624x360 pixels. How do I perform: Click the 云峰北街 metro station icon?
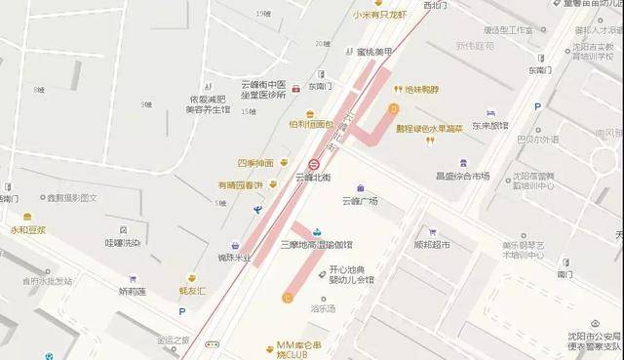(315, 165)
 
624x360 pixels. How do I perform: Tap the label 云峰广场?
(360, 201)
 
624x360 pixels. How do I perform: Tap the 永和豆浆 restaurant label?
(28, 230)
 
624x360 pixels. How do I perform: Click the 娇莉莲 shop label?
(133, 290)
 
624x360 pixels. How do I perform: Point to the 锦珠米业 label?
(234, 258)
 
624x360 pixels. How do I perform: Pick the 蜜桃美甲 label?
(374, 51)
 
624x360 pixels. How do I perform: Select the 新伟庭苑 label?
(474, 46)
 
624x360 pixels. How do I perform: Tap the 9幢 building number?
(146, 104)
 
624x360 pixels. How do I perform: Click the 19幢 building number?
(261, 14)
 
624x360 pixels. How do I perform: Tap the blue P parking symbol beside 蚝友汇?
(181, 311)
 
